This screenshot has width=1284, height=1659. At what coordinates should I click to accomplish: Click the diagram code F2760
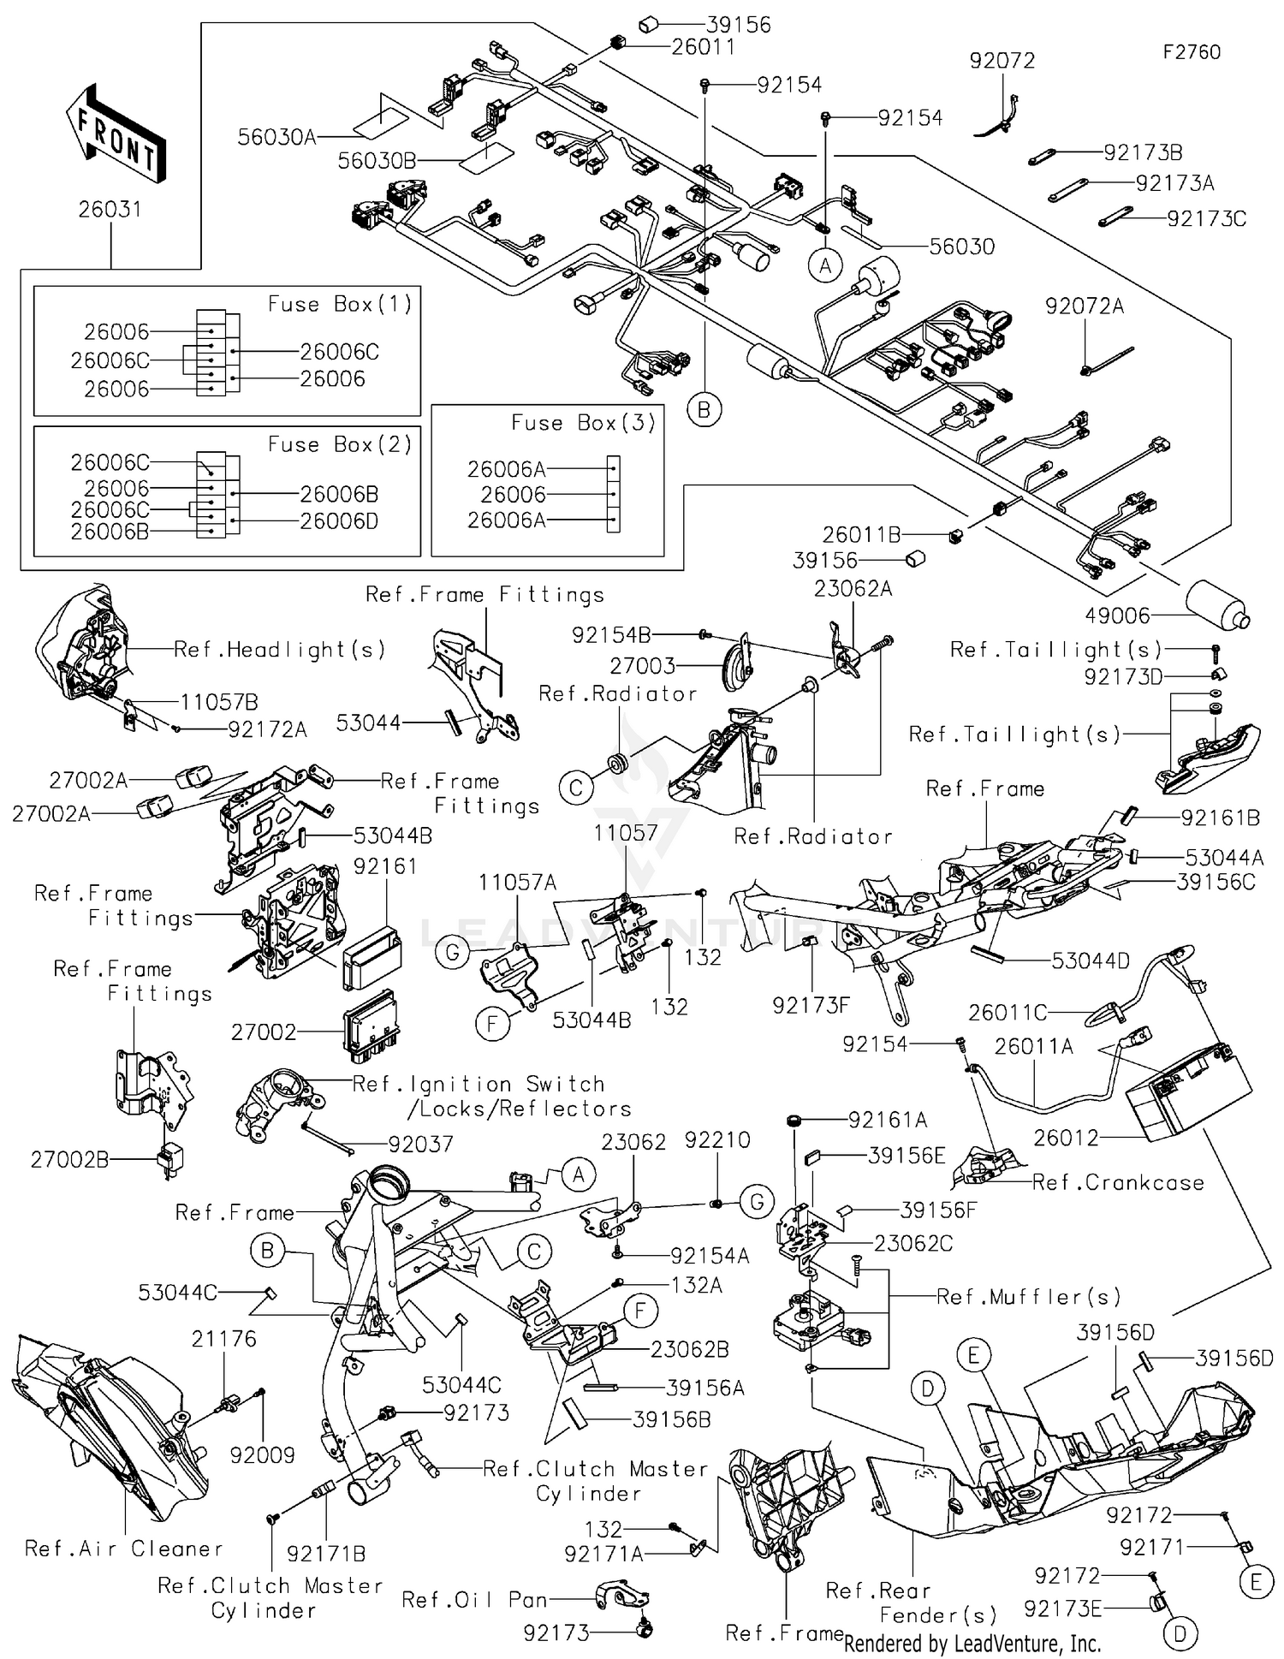pos(1191,52)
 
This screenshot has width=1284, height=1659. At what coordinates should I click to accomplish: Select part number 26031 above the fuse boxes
pos(110,210)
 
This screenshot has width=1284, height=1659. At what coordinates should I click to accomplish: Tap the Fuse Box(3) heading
pos(583,423)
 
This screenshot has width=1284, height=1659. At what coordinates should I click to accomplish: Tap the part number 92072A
pos(1084,306)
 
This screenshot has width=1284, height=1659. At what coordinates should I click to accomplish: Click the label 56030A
pos(276,137)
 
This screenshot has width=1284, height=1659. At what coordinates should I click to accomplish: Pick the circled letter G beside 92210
pos(757,1204)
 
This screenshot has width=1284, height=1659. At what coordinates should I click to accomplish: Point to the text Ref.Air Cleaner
pos(124,1549)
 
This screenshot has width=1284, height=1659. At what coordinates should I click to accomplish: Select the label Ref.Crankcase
pos(1118,1183)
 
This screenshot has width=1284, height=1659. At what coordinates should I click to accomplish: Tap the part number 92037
pos(420,1144)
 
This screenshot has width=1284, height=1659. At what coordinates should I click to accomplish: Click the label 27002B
pos(69,1160)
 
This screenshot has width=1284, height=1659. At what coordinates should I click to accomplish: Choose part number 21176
pos(223,1339)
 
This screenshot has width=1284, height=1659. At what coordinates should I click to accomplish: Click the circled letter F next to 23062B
pos(639,1311)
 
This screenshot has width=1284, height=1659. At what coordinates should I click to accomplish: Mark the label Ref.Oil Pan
pos(474,1600)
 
